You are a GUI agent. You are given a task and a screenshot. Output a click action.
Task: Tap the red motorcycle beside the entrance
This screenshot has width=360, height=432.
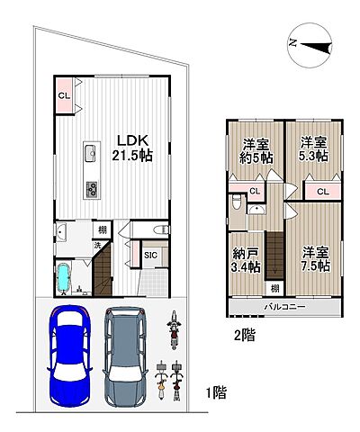pyautogui.click(x=174, y=330)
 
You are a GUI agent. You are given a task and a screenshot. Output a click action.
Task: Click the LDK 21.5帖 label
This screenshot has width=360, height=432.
pyautogui.click(x=132, y=148)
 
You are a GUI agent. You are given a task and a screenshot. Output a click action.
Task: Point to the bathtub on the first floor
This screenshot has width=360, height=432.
pyautogui.click(x=63, y=277)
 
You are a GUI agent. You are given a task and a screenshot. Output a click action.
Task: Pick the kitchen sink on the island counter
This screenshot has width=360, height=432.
pyautogui.click(x=90, y=153)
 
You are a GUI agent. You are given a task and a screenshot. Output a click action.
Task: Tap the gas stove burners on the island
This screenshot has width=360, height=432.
pyautogui.click(x=92, y=189)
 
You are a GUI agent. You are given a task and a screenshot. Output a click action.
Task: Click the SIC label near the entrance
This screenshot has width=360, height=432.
pyautogui.click(x=150, y=255)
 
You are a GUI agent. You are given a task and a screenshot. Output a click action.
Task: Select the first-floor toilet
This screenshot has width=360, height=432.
pyautogui.click(x=161, y=230)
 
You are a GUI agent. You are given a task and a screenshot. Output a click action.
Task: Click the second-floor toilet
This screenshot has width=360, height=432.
pyautogui.click(x=237, y=202)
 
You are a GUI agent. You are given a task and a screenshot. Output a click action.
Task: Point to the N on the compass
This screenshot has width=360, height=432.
pyautogui.click(x=292, y=43)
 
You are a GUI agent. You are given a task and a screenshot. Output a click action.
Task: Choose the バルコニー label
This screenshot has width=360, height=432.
pyautogui.click(x=284, y=307)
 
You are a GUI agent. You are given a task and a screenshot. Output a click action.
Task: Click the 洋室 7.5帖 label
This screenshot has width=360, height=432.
pyautogui.click(x=316, y=258)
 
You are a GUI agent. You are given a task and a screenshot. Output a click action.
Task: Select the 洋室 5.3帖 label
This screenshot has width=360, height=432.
pyautogui.click(x=314, y=149)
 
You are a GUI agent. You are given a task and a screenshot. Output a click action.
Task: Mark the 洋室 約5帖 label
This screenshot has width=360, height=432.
pyautogui.click(x=256, y=150)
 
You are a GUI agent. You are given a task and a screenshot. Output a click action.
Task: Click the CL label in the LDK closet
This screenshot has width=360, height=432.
pyautogui.click(x=64, y=95)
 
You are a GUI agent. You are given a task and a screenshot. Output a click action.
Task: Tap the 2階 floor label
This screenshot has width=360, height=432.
pyautogui.click(x=244, y=335)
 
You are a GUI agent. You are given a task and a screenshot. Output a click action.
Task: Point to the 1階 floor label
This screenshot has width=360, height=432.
pyautogui.click(x=216, y=392)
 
